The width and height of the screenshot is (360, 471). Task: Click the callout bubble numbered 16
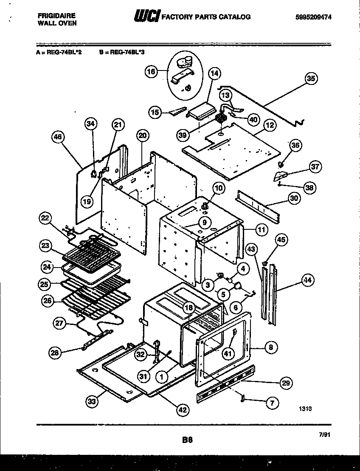coord(151,72)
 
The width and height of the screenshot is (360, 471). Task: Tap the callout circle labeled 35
coord(312,78)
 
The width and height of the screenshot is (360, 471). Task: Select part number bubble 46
coord(58,137)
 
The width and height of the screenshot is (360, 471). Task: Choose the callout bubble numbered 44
coord(307,280)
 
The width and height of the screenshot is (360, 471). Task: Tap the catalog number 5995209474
coord(314,17)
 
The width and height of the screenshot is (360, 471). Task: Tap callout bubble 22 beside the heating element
coord(45,218)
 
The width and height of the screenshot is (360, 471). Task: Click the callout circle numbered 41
coord(228,352)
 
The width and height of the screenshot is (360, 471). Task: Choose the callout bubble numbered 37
coord(315,167)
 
